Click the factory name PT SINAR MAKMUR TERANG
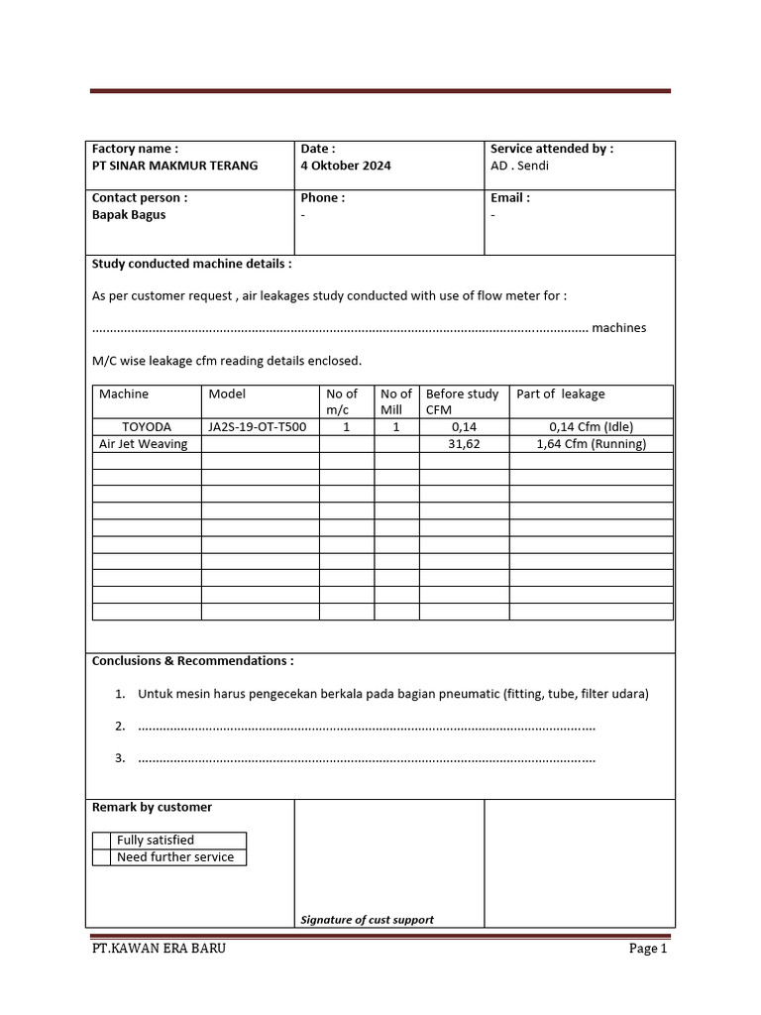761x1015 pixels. click(x=174, y=166)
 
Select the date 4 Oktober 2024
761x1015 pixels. click(x=346, y=166)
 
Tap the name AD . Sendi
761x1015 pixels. click(x=519, y=166)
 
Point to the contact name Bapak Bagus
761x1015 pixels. click(x=129, y=214)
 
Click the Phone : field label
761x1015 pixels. click(x=322, y=197)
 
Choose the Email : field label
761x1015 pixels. click(x=510, y=197)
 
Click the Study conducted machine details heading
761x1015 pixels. click(x=191, y=264)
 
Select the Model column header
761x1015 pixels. click(x=226, y=394)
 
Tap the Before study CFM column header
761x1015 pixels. click(x=462, y=401)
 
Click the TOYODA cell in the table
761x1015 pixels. click(x=147, y=427)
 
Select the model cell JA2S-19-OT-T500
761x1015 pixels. click(x=258, y=427)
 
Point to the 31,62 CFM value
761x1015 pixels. click(x=464, y=444)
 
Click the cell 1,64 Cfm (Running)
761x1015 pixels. click(x=591, y=444)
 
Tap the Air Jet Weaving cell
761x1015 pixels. click(x=143, y=444)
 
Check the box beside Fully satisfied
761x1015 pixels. click(x=101, y=840)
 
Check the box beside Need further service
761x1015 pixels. click(x=101, y=856)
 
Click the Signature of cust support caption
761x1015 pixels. click(x=367, y=919)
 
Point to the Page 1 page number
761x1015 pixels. click(x=648, y=949)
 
